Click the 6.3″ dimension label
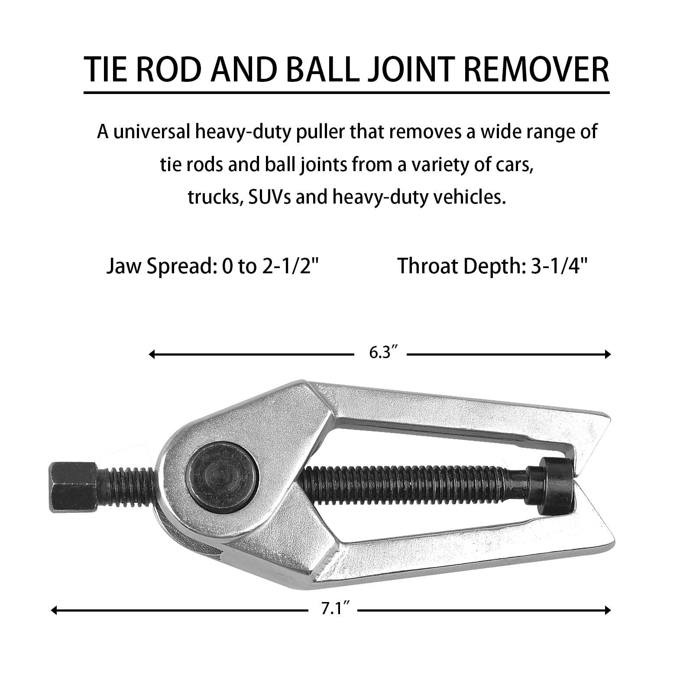pyautogui.click(x=380, y=353)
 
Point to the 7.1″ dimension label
pyautogui.click(x=333, y=609)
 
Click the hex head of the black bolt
pyautogui.click(x=73, y=487)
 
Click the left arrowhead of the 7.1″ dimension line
pyautogui.click(x=54, y=611)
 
